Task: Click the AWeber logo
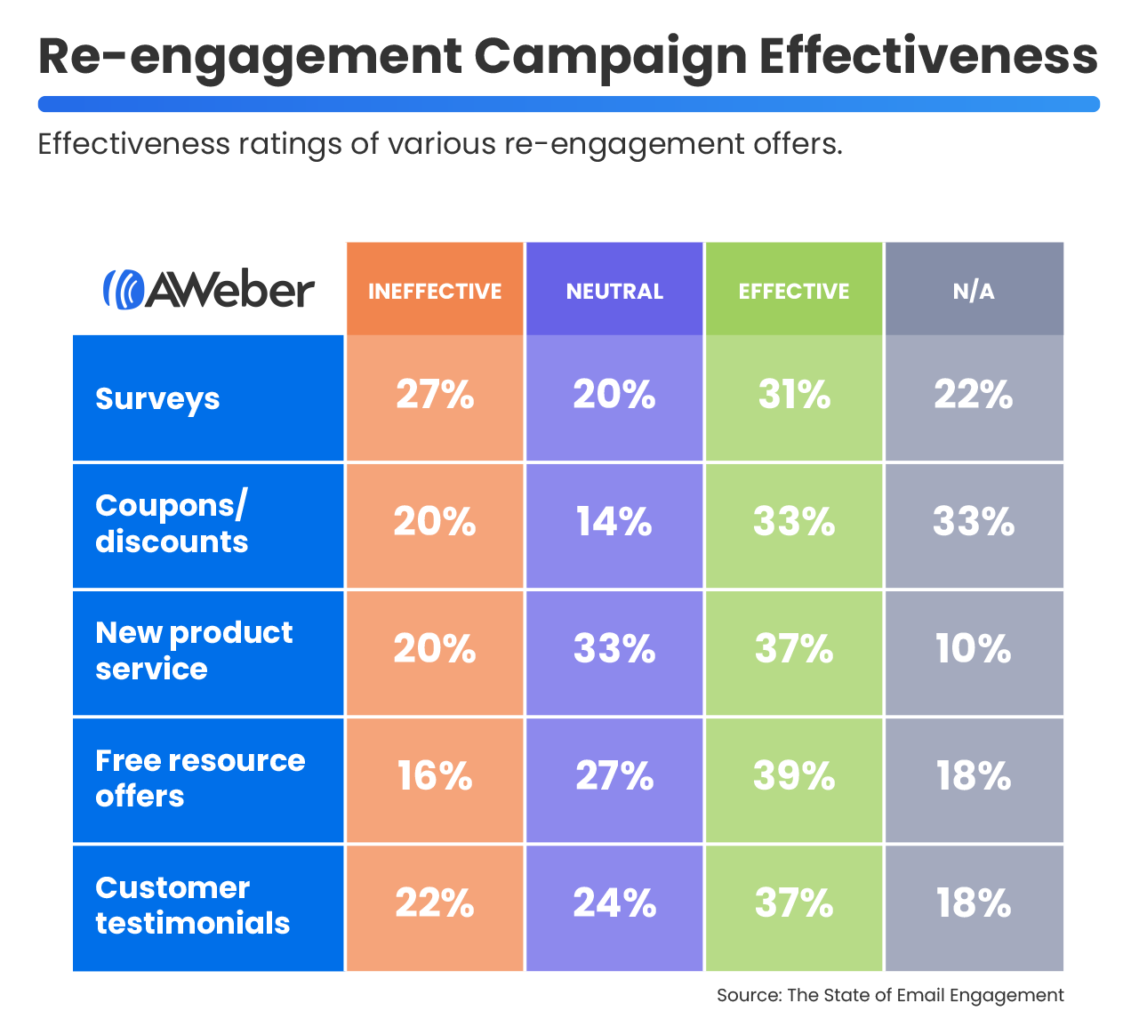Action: [209, 290]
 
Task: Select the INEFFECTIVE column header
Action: [435, 291]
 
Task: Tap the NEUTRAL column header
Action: [614, 291]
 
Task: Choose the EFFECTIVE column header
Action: [794, 291]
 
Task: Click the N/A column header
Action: [974, 291]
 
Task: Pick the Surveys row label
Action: [157, 398]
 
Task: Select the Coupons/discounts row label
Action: [172, 524]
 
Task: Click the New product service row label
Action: [194, 651]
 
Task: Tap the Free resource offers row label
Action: [200, 778]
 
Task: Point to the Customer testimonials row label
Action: [192, 905]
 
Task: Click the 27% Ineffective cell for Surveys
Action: [435, 395]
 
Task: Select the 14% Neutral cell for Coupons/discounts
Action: [614, 522]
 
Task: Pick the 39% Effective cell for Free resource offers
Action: [794, 776]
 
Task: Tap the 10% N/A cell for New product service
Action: [974, 649]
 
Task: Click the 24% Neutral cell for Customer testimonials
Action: [614, 904]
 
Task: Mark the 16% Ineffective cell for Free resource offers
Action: [435, 776]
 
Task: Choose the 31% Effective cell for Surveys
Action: [794, 395]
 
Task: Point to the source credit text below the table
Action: [890, 995]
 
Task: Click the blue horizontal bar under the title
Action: [569, 104]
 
